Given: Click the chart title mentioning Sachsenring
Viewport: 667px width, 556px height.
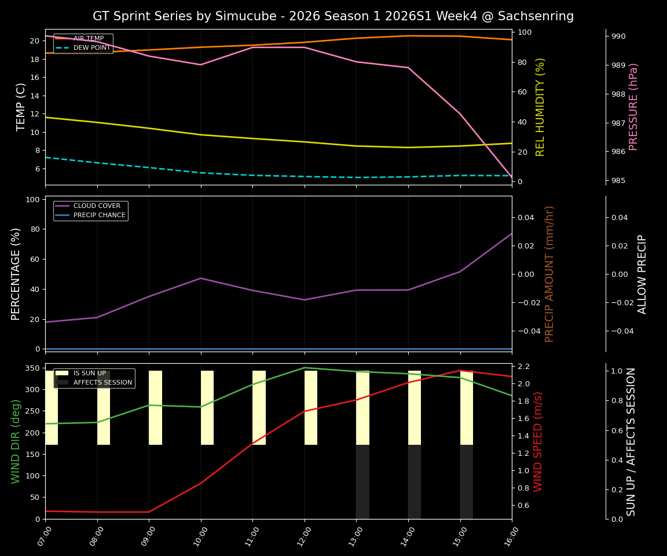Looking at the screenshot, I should click(x=333, y=16).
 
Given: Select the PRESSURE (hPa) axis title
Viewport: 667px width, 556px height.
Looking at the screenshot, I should click(x=634, y=107).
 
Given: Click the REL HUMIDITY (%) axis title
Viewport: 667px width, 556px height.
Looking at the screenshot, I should click(x=541, y=107).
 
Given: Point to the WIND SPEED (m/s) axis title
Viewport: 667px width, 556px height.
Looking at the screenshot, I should click(x=538, y=441).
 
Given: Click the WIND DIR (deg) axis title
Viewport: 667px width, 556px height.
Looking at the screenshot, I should click(x=16, y=441).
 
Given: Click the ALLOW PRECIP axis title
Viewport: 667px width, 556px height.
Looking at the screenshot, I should click(x=642, y=274).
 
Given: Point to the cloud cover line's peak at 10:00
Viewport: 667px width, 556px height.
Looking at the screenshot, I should click(x=201, y=278).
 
